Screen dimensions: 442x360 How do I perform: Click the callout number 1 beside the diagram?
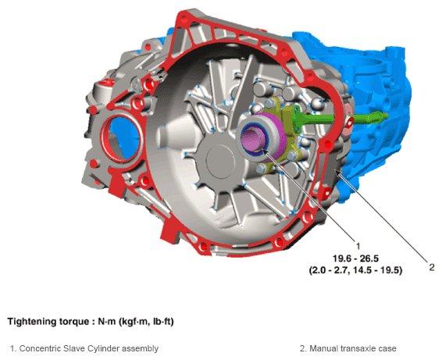click(x=358, y=246)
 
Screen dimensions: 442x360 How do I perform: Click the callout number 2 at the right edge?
click(x=432, y=267)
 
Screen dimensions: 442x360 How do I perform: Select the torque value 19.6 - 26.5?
click(x=355, y=258)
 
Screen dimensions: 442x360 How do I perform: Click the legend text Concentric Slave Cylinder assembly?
click(x=89, y=348)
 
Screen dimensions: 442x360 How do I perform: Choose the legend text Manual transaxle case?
click(x=353, y=348)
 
